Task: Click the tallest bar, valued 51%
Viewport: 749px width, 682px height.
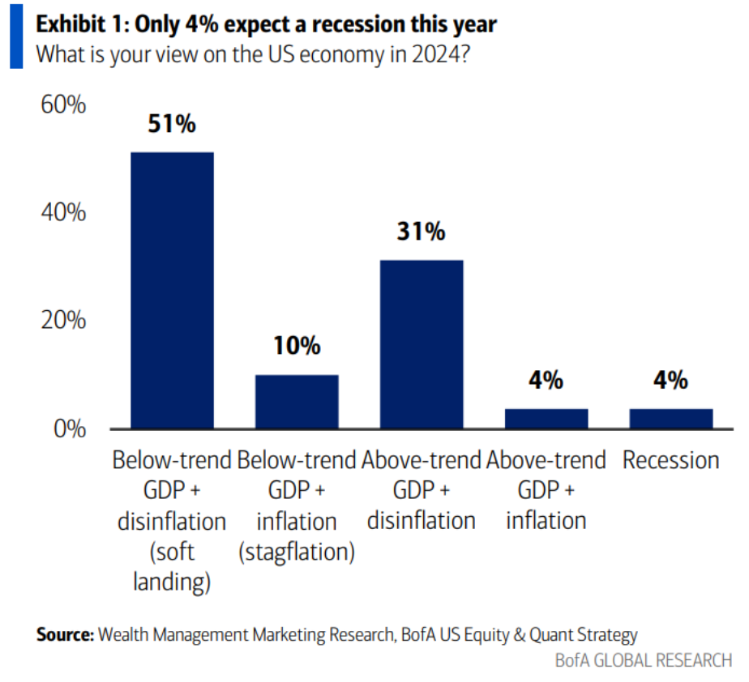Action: pos(173,290)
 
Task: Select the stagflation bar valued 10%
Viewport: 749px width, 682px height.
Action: pos(297,402)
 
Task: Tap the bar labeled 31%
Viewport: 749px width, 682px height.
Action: pos(422,344)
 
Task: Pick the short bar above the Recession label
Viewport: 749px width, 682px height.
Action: pos(670,418)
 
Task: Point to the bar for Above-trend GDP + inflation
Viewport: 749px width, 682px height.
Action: pos(546,418)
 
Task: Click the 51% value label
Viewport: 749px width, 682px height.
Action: pos(172,125)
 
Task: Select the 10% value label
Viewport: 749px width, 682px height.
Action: pos(297,347)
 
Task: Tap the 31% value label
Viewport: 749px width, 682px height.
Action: pos(422,232)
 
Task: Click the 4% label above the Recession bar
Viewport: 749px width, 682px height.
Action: pos(670,380)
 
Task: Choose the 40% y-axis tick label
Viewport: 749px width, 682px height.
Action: pos(62,213)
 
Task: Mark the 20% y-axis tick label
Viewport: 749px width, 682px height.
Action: pos(62,321)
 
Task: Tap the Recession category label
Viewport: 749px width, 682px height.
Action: pos(670,461)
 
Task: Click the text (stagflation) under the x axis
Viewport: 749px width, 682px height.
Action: pos(297,552)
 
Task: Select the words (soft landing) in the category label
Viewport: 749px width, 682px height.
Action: pos(172,567)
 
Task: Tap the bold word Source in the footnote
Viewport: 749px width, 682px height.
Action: pos(64,634)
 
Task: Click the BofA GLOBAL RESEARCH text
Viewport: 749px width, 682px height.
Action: pos(643,660)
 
